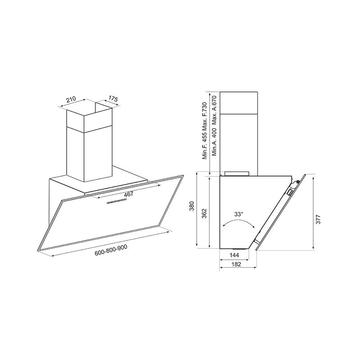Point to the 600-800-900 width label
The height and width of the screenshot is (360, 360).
point(111,252)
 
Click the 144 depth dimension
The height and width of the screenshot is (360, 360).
point(234,255)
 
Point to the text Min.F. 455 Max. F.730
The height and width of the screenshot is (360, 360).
point(205,131)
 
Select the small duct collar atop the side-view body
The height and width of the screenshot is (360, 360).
point(237,172)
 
